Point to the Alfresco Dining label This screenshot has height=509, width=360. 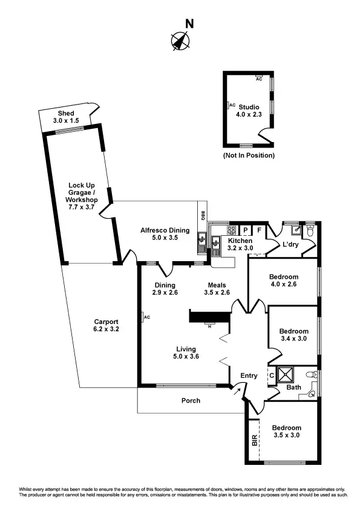tap(165, 234)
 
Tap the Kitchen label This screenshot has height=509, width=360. tap(240, 244)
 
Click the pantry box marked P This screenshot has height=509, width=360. tap(246, 230)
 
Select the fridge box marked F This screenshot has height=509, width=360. tap(259, 230)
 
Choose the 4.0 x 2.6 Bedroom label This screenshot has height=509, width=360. tap(282, 282)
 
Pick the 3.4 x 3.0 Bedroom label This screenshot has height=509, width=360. tap(293, 335)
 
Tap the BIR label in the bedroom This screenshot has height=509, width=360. tap(254, 440)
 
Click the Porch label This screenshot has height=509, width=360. tap(191, 401)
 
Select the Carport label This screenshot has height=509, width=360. tap(106, 326)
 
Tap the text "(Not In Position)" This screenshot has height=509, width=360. tap(249, 155)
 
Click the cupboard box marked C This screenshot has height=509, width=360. tap(271, 375)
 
